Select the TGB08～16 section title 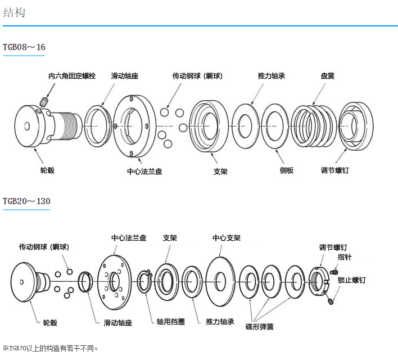pos(24,47)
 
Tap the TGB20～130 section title pos(26,201)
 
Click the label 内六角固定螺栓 pos(72,75)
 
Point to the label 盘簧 pos(328,75)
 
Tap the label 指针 pos(345,257)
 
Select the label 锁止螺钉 pos(352,280)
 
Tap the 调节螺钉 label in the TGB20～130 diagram pos(333,247)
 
